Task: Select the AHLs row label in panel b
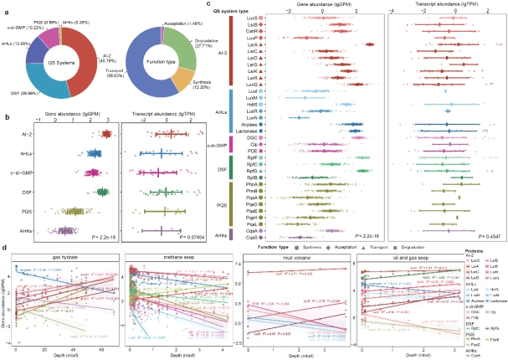(26, 153)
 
